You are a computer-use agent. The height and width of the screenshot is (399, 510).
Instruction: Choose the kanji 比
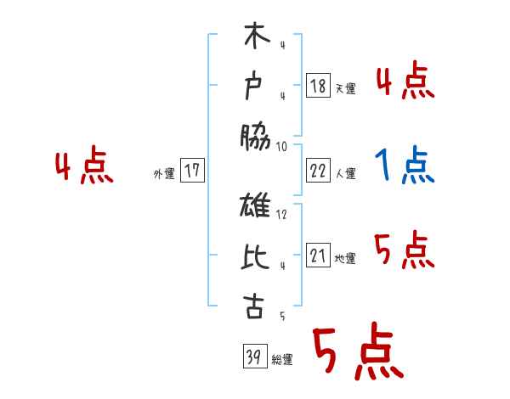(254, 257)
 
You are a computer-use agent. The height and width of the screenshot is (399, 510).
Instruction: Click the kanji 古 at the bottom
(254, 306)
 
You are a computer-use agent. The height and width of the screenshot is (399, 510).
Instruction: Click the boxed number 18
(318, 86)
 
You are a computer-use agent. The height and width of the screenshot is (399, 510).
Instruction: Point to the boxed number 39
(252, 357)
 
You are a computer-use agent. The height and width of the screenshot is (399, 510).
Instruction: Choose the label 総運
(282, 360)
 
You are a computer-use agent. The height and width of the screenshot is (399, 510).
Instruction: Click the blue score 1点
(405, 165)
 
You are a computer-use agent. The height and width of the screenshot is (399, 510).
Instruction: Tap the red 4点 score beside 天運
(405, 81)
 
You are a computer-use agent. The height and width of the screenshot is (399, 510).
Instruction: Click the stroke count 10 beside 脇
(281, 146)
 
